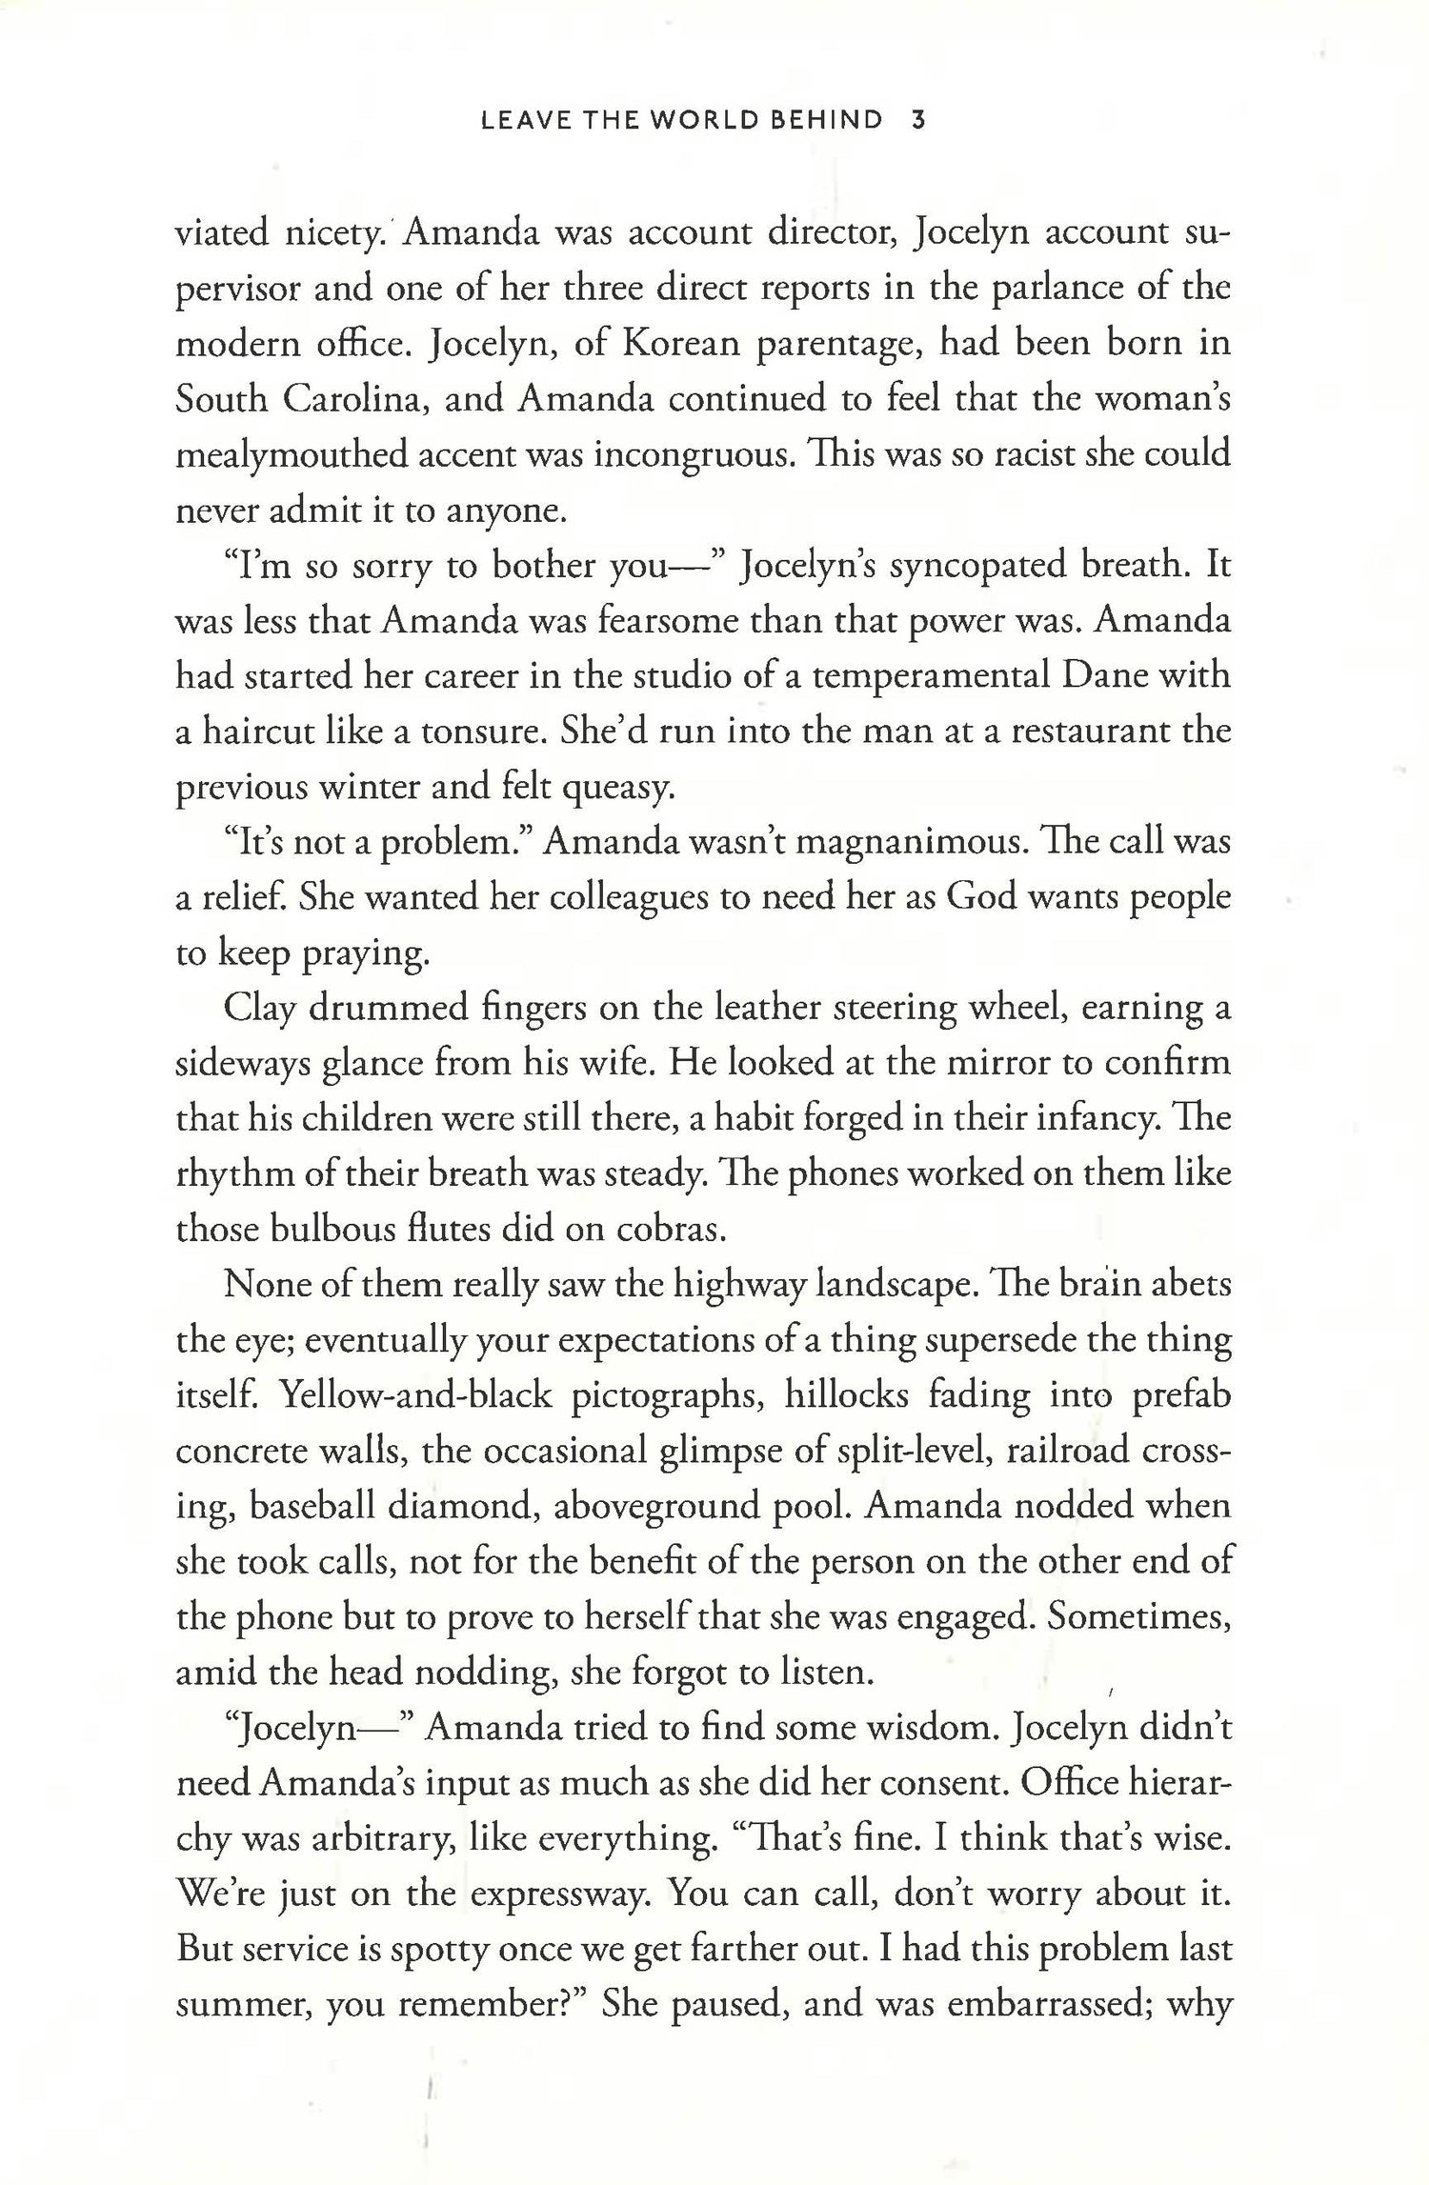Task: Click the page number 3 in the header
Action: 919,121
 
